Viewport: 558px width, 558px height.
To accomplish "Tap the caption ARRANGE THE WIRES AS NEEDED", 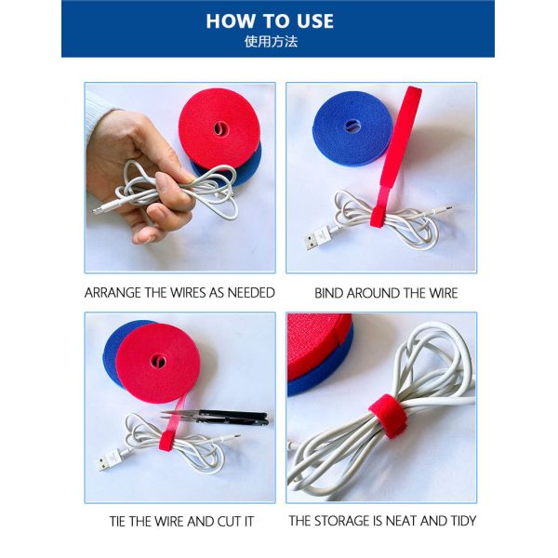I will coord(179,292).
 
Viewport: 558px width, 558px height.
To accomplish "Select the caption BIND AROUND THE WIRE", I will coord(386,292).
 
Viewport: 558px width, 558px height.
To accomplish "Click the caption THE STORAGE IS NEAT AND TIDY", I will coord(381,521).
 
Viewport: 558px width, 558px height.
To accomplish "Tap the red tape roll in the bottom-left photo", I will coord(158,363).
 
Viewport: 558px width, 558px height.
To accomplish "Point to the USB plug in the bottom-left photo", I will coord(109,459).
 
